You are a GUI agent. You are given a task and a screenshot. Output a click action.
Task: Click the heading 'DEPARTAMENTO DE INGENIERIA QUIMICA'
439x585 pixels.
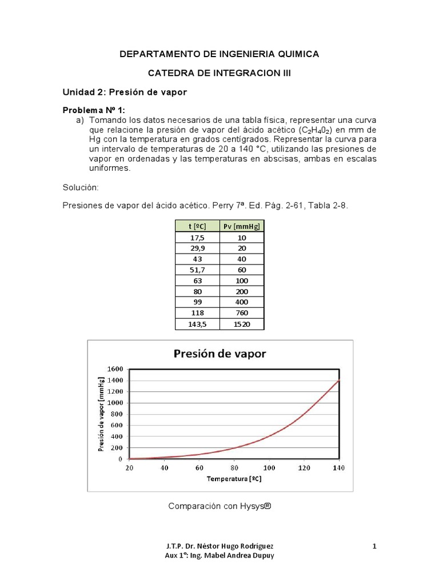(x=219, y=54)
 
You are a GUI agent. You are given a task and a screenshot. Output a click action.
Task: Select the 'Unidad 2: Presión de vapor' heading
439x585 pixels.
(x=125, y=92)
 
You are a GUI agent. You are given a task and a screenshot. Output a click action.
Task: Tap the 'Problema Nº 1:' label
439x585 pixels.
(x=93, y=110)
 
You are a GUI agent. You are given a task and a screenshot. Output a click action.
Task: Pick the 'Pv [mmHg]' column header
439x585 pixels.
(x=242, y=226)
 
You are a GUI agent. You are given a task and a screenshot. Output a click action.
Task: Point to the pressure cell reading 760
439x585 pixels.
(x=242, y=313)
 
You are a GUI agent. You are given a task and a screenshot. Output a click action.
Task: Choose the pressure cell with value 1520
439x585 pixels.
(x=242, y=324)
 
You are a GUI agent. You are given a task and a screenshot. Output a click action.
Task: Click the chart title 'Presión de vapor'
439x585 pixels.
(x=219, y=354)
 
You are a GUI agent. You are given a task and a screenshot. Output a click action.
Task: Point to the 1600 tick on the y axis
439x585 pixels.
(x=115, y=370)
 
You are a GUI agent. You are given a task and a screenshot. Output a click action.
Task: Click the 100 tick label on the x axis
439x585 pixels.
(x=269, y=468)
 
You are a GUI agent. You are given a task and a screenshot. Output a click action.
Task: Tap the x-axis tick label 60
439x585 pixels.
(x=199, y=468)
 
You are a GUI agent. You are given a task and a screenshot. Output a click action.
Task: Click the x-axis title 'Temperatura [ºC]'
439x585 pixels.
(x=234, y=478)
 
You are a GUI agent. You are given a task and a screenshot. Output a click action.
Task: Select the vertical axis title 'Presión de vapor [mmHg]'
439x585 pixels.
(x=101, y=414)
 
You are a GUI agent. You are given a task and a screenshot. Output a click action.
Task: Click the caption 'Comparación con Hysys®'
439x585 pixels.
(x=219, y=506)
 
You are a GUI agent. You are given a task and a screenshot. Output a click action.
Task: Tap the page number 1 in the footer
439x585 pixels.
(x=374, y=547)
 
